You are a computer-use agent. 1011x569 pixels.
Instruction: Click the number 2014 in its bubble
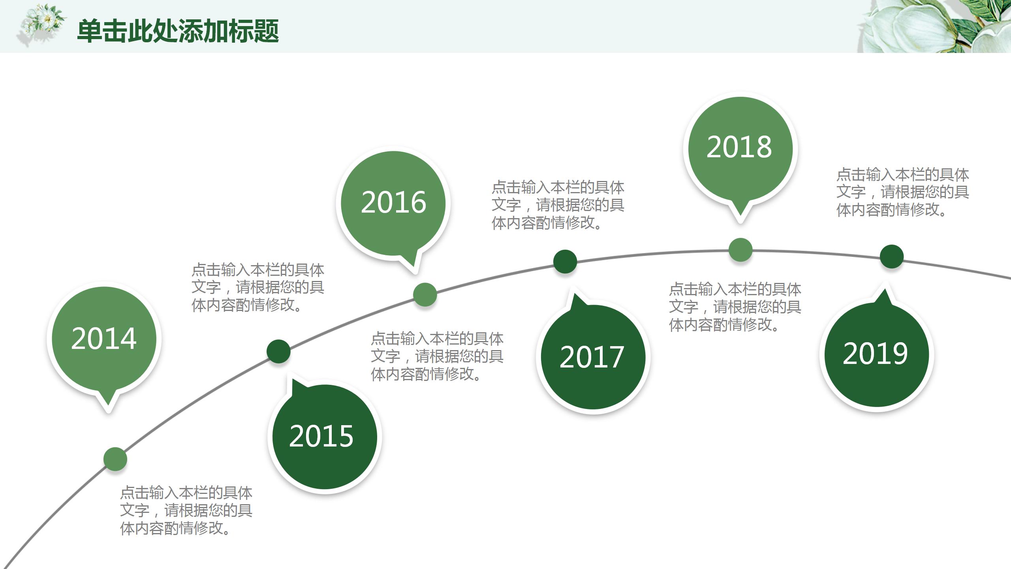coord(104,339)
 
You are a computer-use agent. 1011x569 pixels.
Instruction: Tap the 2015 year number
coord(321,436)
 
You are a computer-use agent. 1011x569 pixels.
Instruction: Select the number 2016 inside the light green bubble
coord(393,202)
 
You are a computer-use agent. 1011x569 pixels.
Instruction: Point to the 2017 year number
coord(592,357)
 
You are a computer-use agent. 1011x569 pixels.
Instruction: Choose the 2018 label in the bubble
coord(739,147)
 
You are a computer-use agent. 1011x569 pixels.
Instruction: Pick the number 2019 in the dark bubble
coord(875,354)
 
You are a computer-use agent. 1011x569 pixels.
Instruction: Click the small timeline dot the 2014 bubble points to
coord(115,459)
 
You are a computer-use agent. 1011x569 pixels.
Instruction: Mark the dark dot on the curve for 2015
coord(278,351)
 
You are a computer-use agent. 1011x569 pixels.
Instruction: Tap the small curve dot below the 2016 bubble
coord(425,294)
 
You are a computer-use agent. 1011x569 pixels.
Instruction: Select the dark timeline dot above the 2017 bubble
coord(565,262)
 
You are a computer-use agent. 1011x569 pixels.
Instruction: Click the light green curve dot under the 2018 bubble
coord(740,250)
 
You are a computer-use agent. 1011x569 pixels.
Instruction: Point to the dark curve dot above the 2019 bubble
coord(892,256)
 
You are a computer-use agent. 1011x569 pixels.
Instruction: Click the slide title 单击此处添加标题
coord(178,31)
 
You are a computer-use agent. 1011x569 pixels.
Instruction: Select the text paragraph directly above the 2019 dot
coord(902,192)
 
